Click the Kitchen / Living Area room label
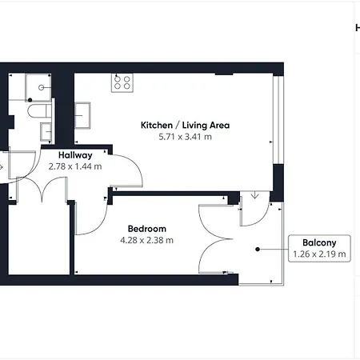tap(185, 125)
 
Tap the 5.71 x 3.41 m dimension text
tap(185, 137)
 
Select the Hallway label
tap(75, 155)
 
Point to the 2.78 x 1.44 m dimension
tap(75, 166)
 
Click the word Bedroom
tap(147, 229)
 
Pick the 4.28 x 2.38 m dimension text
tap(146, 240)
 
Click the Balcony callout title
tap(319, 242)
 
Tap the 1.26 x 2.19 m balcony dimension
tap(319, 254)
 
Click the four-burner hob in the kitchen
tap(122, 82)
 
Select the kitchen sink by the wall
tap(82, 115)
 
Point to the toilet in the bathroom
tap(40, 111)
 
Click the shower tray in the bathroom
tap(38, 87)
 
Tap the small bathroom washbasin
tap(46, 131)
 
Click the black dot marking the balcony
tap(258, 250)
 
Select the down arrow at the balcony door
tap(255, 195)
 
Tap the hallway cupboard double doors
tap(42, 189)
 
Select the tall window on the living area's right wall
tap(278, 120)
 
